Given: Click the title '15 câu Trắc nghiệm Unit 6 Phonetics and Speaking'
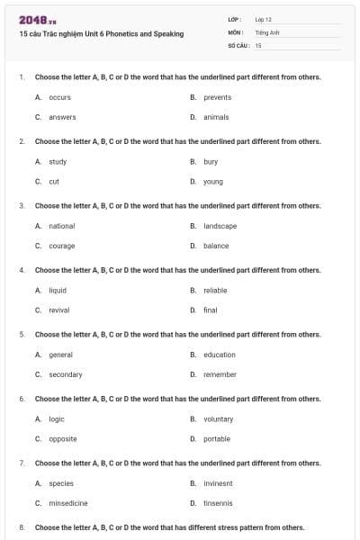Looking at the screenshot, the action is [101, 34].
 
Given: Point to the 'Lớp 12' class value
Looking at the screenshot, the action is [263, 19].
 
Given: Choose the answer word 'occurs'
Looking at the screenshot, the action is [59, 97].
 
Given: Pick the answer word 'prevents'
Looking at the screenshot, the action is [218, 97].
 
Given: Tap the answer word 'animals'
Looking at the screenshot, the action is [216, 117].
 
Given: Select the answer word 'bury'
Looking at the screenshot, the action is [211, 162].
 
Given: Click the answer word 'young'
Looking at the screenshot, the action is [213, 182].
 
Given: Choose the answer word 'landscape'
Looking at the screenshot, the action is [220, 226].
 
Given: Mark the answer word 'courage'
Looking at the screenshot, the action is [62, 246].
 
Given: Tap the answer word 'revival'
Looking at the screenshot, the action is [59, 310].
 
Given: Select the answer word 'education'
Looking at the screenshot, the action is [220, 355].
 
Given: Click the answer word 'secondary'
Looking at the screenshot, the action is [66, 374].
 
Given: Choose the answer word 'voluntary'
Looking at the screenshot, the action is [219, 419].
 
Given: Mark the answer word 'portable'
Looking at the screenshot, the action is [217, 439].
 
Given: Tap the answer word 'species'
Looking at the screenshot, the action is [61, 483].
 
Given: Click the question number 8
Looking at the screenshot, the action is [21, 527].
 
